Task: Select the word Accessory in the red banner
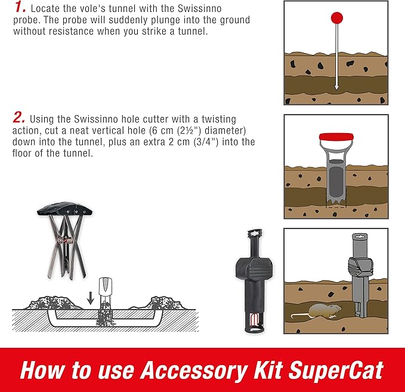point(179,369)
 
